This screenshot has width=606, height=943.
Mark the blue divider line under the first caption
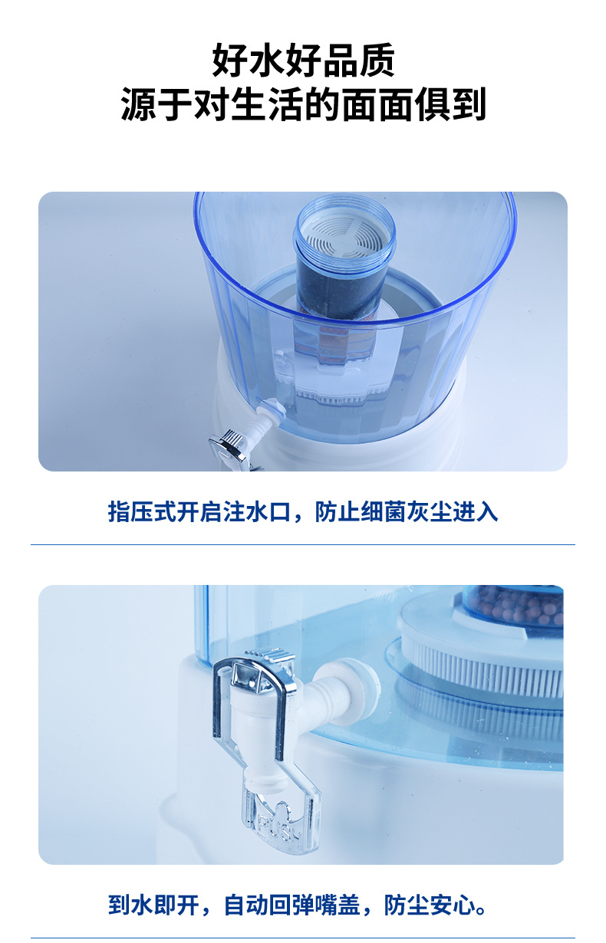(x=303, y=545)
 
